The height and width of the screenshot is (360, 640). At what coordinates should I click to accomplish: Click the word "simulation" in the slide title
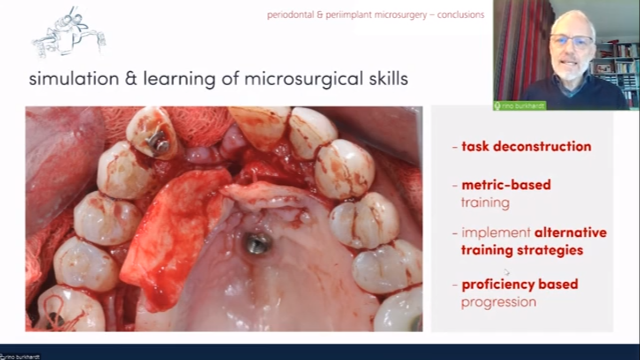point(74,78)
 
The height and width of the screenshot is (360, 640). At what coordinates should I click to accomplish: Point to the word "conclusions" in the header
point(460,15)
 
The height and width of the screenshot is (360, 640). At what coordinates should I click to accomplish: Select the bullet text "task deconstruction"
point(526,146)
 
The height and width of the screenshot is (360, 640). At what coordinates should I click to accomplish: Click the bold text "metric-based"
point(506,185)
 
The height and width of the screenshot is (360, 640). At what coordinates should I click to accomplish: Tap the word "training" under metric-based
point(485,203)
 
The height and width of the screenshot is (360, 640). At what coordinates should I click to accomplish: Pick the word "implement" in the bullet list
point(496,233)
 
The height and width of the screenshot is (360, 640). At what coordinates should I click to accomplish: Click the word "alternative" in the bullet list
point(571,232)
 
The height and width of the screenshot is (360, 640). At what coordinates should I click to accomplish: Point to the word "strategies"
point(550,251)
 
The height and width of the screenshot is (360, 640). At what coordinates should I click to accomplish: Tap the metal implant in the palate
point(257,244)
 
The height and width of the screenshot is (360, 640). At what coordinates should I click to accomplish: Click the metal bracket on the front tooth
point(158,142)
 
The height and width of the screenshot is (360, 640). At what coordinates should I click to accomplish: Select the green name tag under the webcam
point(520,106)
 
